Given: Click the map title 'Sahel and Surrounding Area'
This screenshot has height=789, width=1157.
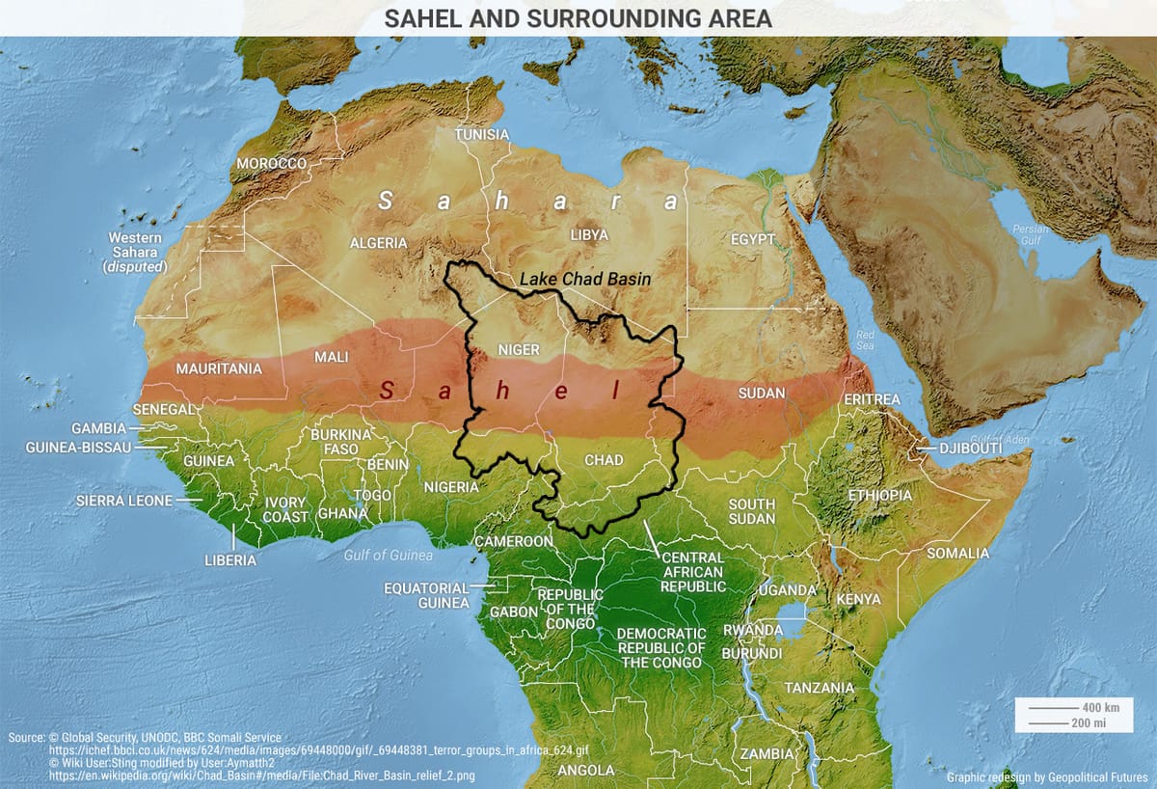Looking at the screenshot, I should [578, 19].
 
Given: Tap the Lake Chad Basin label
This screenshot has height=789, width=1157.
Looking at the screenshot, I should [585, 279].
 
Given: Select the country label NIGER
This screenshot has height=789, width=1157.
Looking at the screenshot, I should [518, 349].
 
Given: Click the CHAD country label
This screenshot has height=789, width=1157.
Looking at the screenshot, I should [605, 460].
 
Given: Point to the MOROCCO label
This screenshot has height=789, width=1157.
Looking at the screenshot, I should [272, 164].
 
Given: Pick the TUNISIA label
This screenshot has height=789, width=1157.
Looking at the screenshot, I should [481, 134].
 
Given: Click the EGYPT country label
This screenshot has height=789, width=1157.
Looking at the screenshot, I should [753, 238].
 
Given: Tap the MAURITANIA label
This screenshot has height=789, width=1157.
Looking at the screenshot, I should [219, 368].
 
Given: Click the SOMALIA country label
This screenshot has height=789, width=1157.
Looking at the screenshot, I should [957, 553].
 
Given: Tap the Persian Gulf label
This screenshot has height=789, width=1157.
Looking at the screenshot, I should [1031, 234].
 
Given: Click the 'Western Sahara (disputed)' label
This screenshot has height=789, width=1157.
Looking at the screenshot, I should [136, 252].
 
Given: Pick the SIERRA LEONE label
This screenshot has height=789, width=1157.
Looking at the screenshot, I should [124, 501].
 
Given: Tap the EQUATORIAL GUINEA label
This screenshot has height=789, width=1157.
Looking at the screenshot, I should [426, 595].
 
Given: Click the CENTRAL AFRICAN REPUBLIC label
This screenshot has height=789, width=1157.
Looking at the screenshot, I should [693, 571].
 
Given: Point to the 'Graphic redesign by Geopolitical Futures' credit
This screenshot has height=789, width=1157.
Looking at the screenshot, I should [1047, 776].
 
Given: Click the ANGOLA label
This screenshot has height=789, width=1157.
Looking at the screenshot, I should [586, 770].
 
